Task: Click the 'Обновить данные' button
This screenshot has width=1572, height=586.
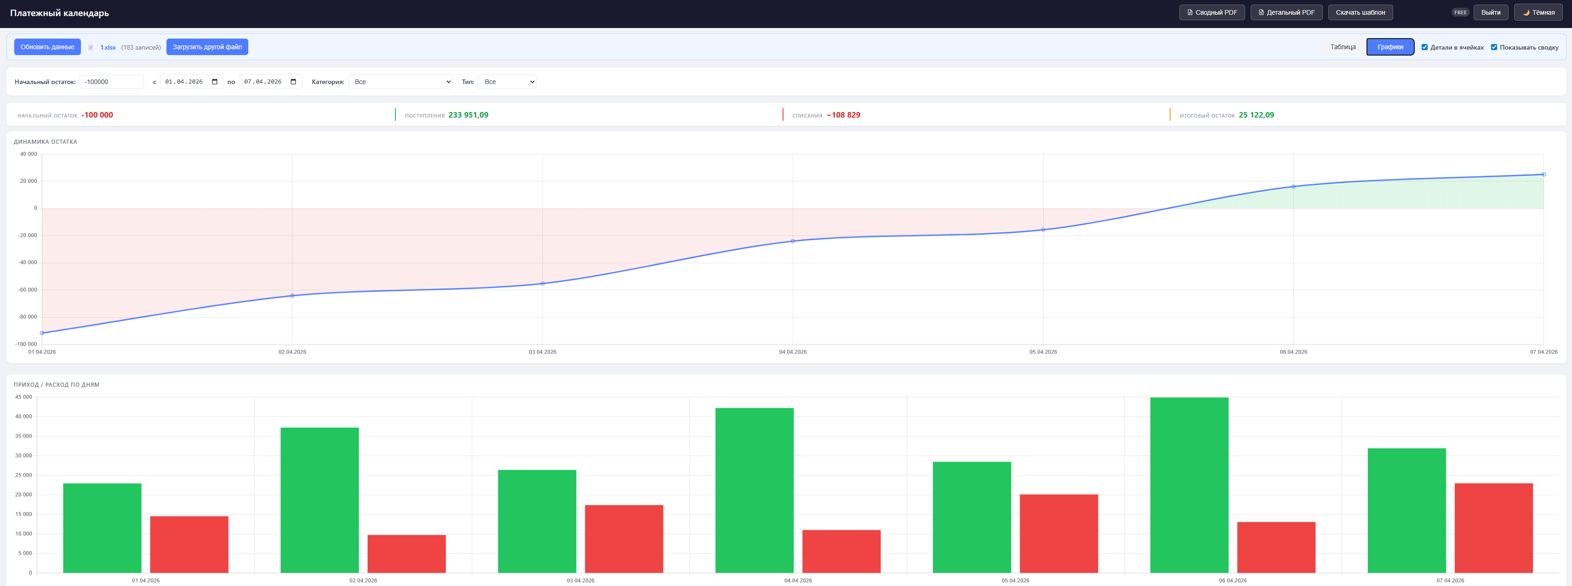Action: [x=47, y=47]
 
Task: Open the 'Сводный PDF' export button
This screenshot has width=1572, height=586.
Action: [x=1212, y=12]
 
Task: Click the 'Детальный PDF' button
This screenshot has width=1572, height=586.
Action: [x=1286, y=12]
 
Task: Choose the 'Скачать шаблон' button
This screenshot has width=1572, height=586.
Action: [x=1360, y=12]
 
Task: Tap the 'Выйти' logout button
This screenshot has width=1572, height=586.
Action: [x=1490, y=12]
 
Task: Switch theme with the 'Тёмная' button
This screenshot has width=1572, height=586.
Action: [x=1538, y=12]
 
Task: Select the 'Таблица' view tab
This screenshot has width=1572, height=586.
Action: [x=1343, y=47]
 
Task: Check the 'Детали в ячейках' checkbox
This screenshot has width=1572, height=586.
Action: [x=1424, y=47]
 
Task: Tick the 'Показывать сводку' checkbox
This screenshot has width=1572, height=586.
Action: [x=1494, y=47]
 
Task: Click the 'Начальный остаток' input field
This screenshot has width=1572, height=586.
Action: [x=112, y=82]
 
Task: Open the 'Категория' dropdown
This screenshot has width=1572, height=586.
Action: [x=400, y=82]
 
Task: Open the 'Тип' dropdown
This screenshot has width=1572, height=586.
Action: [x=507, y=82]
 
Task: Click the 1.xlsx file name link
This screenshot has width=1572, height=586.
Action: [x=108, y=48]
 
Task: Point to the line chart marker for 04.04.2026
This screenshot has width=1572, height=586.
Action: [x=793, y=241]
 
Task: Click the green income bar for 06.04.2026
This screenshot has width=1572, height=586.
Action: [x=1189, y=485]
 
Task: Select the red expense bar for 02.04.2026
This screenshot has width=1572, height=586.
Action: [x=406, y=554]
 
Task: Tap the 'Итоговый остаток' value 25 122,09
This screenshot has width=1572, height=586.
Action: [x=1256, y=115]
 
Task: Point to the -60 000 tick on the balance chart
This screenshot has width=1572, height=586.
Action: [x=27, y=290]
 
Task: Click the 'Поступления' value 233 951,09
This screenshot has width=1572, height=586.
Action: [x=468, y=115]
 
